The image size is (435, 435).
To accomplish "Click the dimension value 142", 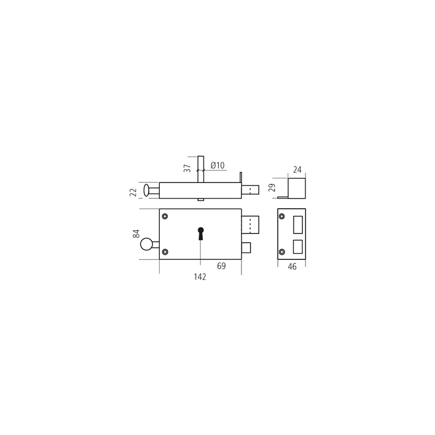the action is [200, 277].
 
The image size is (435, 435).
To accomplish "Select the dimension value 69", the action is [221, 266].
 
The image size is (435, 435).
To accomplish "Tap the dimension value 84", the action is [136, 234].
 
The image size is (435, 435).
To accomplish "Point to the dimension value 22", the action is [133, 192].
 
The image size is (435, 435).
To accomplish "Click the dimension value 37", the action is [188, 169].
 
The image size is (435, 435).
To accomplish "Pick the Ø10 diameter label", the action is [217, 165].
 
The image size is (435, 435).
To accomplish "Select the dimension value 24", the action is [297, 170].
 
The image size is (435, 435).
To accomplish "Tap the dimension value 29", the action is [272, 188].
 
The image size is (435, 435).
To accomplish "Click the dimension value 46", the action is [292, 266].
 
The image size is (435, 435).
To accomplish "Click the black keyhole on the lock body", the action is [201, 234].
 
